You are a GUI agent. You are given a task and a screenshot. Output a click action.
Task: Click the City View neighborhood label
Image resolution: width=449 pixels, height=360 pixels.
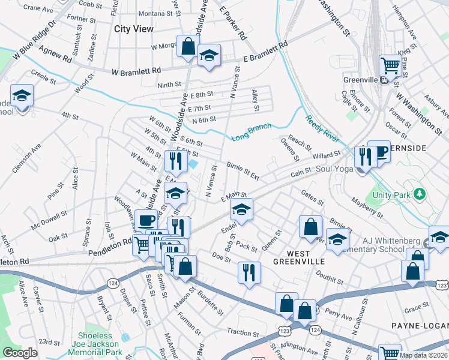pos(134,29)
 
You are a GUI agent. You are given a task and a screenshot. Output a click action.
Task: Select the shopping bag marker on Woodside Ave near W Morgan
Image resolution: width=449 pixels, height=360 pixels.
pos(188,46)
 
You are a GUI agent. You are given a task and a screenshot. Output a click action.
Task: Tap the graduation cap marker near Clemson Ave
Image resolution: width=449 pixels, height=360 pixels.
pos(22,96)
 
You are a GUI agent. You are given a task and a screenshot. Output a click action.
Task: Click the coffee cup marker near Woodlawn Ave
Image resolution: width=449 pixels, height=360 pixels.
pos(146,221)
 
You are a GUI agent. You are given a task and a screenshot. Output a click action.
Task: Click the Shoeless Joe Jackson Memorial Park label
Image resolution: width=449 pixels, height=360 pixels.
pos(101,344)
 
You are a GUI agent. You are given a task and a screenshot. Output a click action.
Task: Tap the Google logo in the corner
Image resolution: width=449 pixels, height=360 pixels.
pos(20,353)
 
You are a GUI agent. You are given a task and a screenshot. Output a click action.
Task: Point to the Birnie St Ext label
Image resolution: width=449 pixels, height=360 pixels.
pos(243,170)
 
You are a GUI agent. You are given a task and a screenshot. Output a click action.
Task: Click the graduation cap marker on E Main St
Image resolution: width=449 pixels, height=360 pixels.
pos(242,209)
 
